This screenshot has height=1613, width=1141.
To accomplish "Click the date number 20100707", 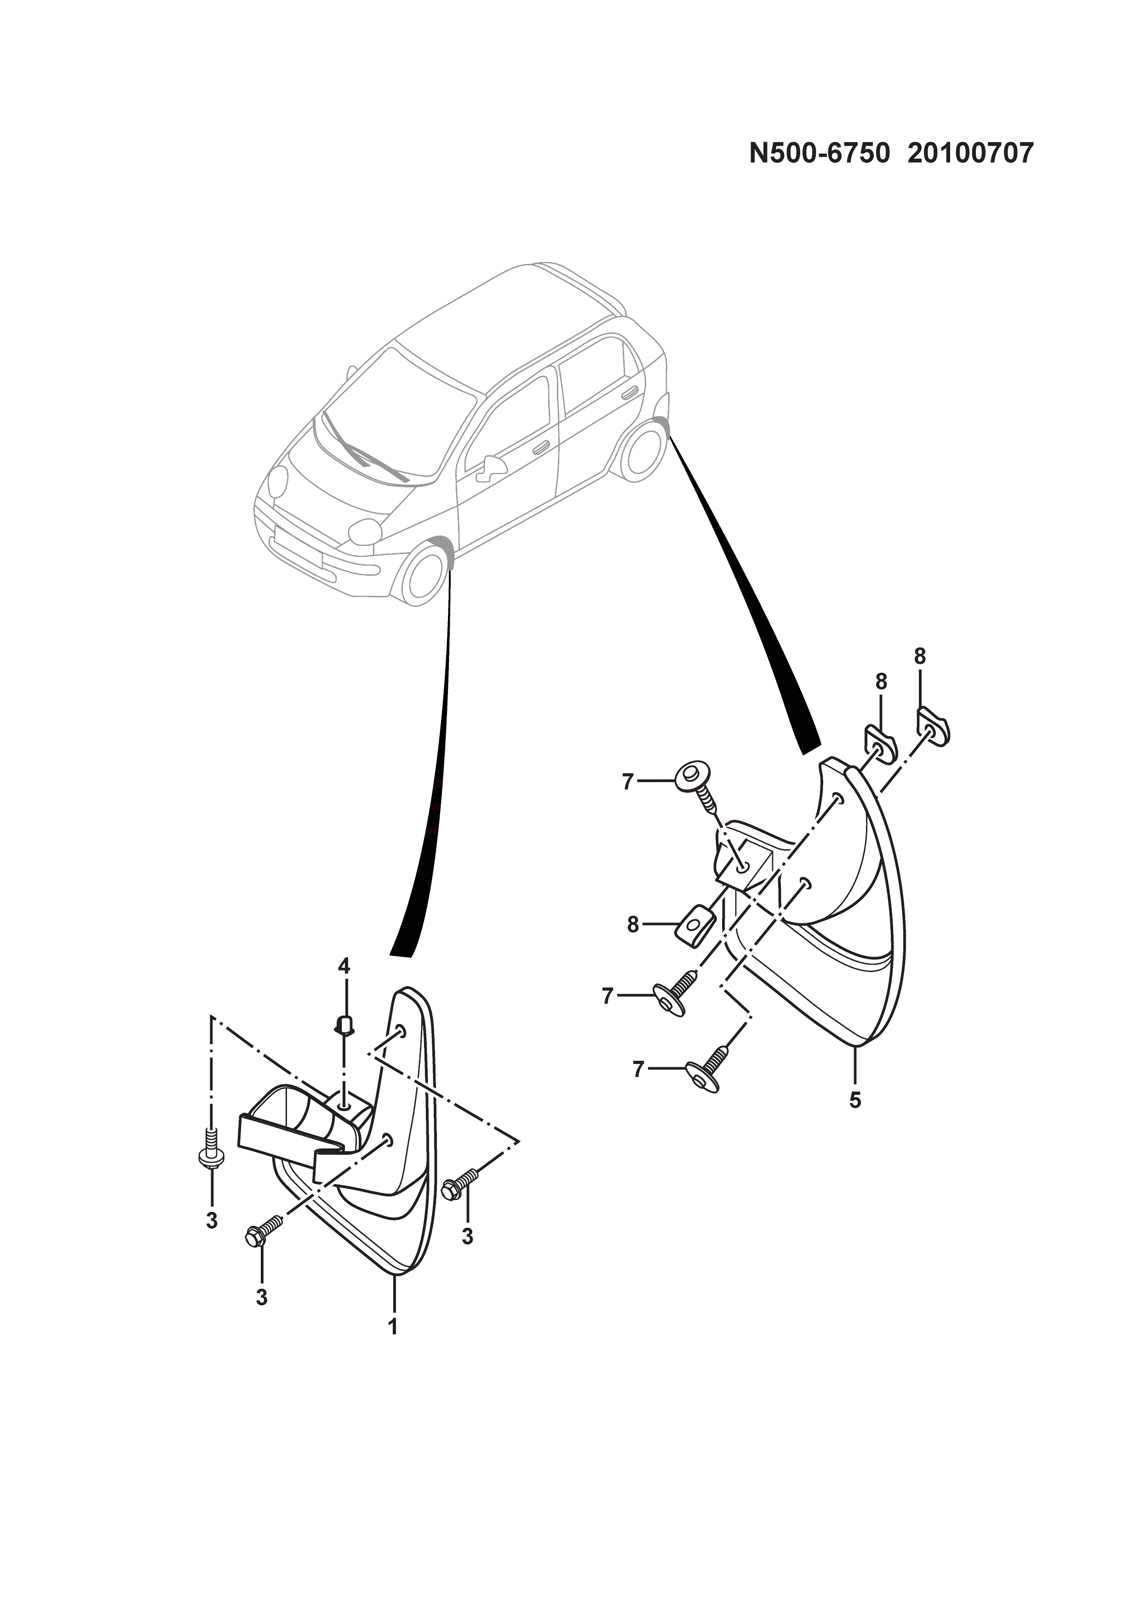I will (x=970, y=153).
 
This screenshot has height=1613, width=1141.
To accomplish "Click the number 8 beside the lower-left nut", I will (x=633, y=925).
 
